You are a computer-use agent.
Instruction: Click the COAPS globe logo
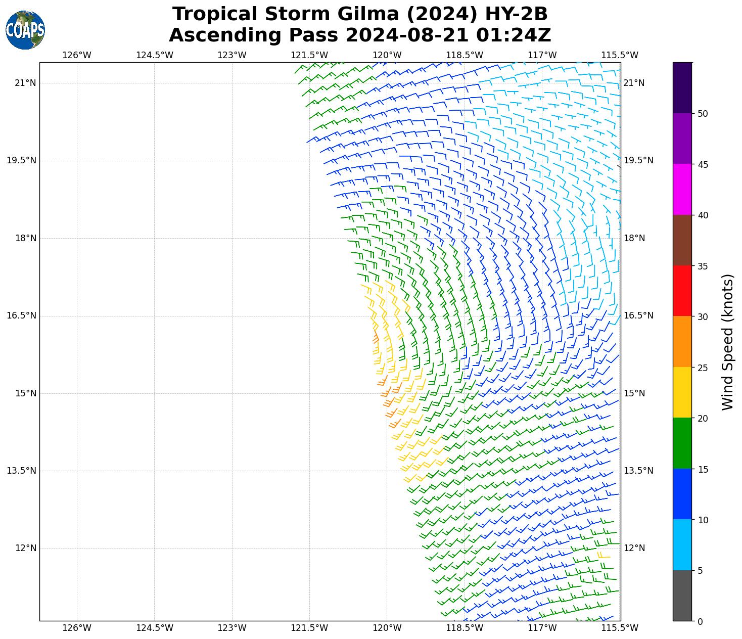[25, 30]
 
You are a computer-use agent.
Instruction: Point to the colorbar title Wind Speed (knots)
[727, 342]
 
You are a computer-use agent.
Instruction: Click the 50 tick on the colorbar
[702, 114]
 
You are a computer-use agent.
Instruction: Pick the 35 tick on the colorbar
[702, 266]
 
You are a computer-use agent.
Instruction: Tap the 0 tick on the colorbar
[700, 621]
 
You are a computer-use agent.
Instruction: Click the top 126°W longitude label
[77, 55]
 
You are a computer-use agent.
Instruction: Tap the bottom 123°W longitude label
[232, 628]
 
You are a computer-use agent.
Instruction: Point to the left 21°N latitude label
[25, 83]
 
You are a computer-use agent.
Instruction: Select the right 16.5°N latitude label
[638, 315]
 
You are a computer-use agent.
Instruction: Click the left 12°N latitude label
[25, 548]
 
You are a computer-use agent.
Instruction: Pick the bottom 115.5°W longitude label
[619, 628]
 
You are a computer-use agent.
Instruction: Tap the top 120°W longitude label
[387, 55]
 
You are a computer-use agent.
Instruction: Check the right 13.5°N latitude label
[638, 471]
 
